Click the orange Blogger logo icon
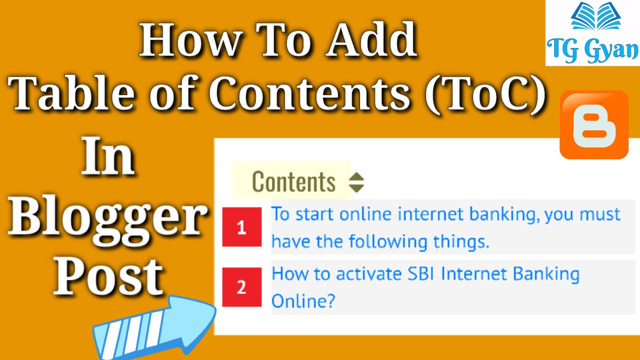pyautogui.click(x=594, y=124)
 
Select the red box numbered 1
pyautogui.click(x=242, y=227)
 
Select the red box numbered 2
pyautogui.click(x=242, y=287)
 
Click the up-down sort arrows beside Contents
pyautogui.click(x=356, y=182)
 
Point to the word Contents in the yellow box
pyautogui.click(x=294, y=182)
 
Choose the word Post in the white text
pyautogui.click(x=108, y=278)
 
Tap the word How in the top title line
pyautogui.click(x=190, y=40)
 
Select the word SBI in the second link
pyautogui.click(x=421, y=274)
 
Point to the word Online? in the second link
pyautogui.click(x=303, y=300)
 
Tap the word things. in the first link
pyautogui.click(x=461, y=242)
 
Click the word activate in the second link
pyautogui.click(x=369, y=274)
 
